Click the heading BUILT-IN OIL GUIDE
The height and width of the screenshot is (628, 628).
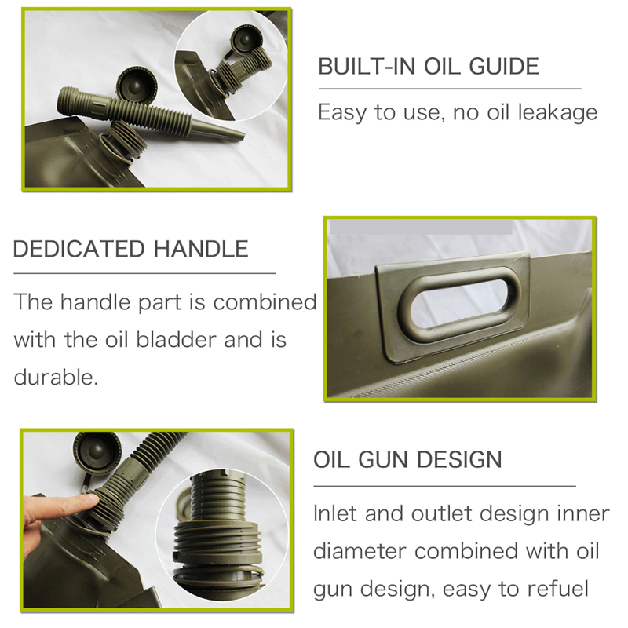pos(429,66)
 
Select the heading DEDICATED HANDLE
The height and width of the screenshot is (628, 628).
pos(130,250)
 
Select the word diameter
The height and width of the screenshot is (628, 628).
pos(360,550)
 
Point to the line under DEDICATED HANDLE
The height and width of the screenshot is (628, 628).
pos(144,272)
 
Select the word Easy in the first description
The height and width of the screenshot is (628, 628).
pos(341,112)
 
